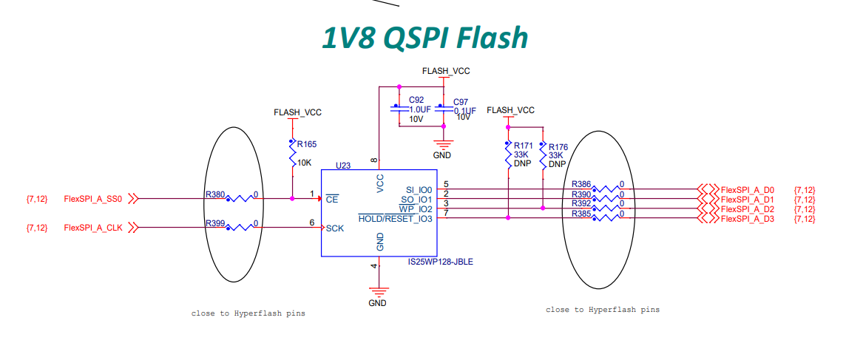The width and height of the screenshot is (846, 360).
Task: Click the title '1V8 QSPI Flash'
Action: pyautogui.click(x=424, y=37)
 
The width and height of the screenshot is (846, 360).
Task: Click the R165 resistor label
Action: pyautogui.click(x=307, y=145)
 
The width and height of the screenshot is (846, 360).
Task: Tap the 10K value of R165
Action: pyautogui.click(x=305, y=162)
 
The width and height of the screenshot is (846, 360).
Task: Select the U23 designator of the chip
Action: pyautogui.click(x=343, y=166)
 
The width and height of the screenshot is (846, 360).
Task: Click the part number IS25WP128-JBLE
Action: pyautogui.click(x=439, y=262)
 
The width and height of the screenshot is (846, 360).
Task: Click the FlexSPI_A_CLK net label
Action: pyautogui.click(x=93, y=228)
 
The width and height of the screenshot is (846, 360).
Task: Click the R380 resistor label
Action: pyautogui.click(x=214, y=195)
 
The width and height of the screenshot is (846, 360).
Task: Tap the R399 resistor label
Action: pyautogui.click(x=214, y=223)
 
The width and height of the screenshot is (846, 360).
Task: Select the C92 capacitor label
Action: pyautogui.click(x=416, y=100)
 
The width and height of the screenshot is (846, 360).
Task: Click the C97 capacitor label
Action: pyautogui.click(x=461, y=102)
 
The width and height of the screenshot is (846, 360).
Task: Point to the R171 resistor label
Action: pyautogui.click(x=524, y=146)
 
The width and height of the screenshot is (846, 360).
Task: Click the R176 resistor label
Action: pyautogui.click(x=558, y=147)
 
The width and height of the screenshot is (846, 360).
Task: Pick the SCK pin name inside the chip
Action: pyautogui.click(x=335, y=228)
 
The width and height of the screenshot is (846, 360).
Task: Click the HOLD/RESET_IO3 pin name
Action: pyautogui.click(x=395, y=219)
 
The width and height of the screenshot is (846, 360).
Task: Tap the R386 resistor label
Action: pyautogui.click(x=581, y=184)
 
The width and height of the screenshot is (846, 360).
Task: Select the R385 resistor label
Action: pyautogui.click(x=581, y=214)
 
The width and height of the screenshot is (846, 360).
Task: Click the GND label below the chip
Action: pyautogui.click(x=377, y=302)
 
